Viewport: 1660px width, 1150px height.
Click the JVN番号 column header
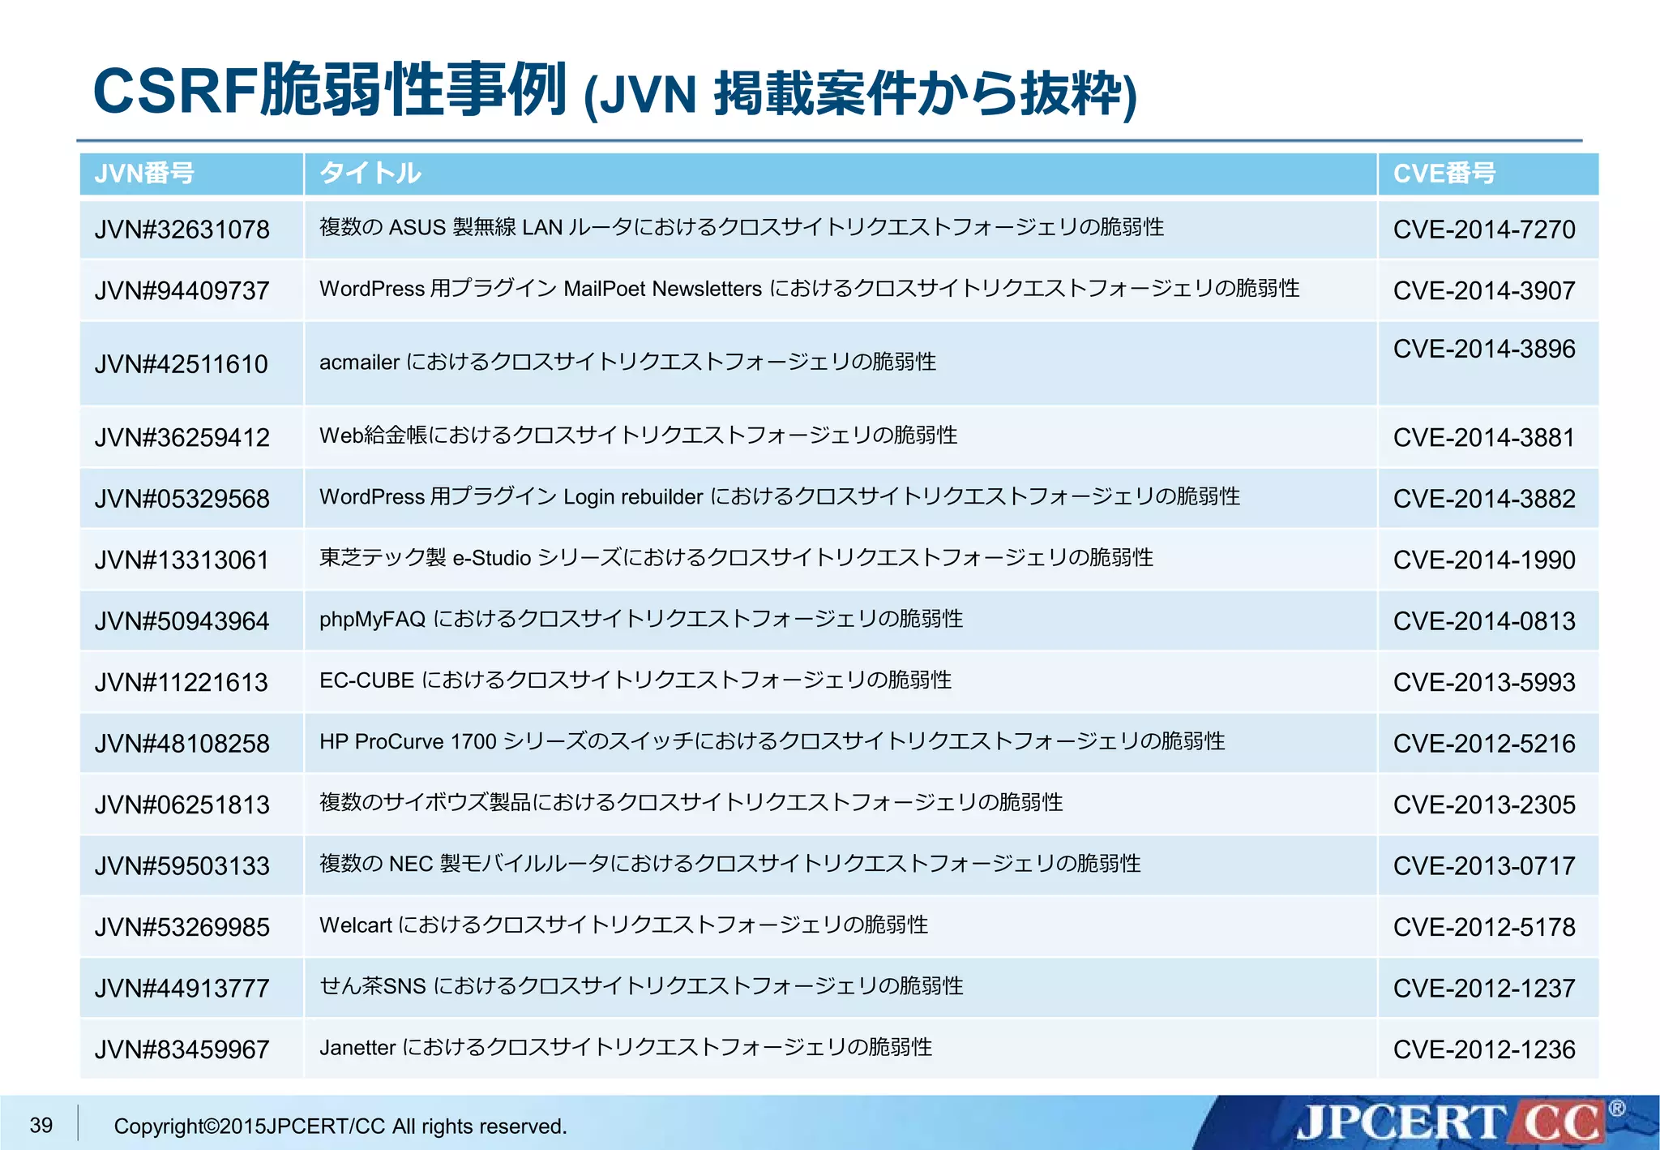click(144, 174)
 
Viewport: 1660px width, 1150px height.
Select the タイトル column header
click(370, 174)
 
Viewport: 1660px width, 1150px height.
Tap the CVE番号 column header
click(1444, 174)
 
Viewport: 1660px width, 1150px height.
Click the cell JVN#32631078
click(182, 230)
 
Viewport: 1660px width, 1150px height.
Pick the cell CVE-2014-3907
click(1483, 290)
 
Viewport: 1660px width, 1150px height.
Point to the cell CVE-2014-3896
click(1483, 349)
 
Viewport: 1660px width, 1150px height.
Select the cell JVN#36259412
click(182, 438)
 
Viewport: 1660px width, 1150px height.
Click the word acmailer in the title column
click(359, 363)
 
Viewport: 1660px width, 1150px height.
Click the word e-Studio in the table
click(491, 558)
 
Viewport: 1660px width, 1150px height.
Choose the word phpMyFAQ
click(372, 620)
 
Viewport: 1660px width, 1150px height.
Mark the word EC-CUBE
click(366, 680)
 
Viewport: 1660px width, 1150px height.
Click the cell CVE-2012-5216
click(1483, 744)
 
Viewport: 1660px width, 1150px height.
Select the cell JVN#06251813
click(182, 805)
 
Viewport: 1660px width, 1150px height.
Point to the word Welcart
click(355, 925)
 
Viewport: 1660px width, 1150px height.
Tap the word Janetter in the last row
click(357, 1048)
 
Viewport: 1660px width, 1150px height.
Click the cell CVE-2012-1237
click(1483, 989)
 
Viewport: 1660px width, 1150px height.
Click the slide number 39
click(41, 1125)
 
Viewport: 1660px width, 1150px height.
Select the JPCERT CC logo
click(1451, 1122)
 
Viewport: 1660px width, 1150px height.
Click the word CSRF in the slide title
click(175, 90)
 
